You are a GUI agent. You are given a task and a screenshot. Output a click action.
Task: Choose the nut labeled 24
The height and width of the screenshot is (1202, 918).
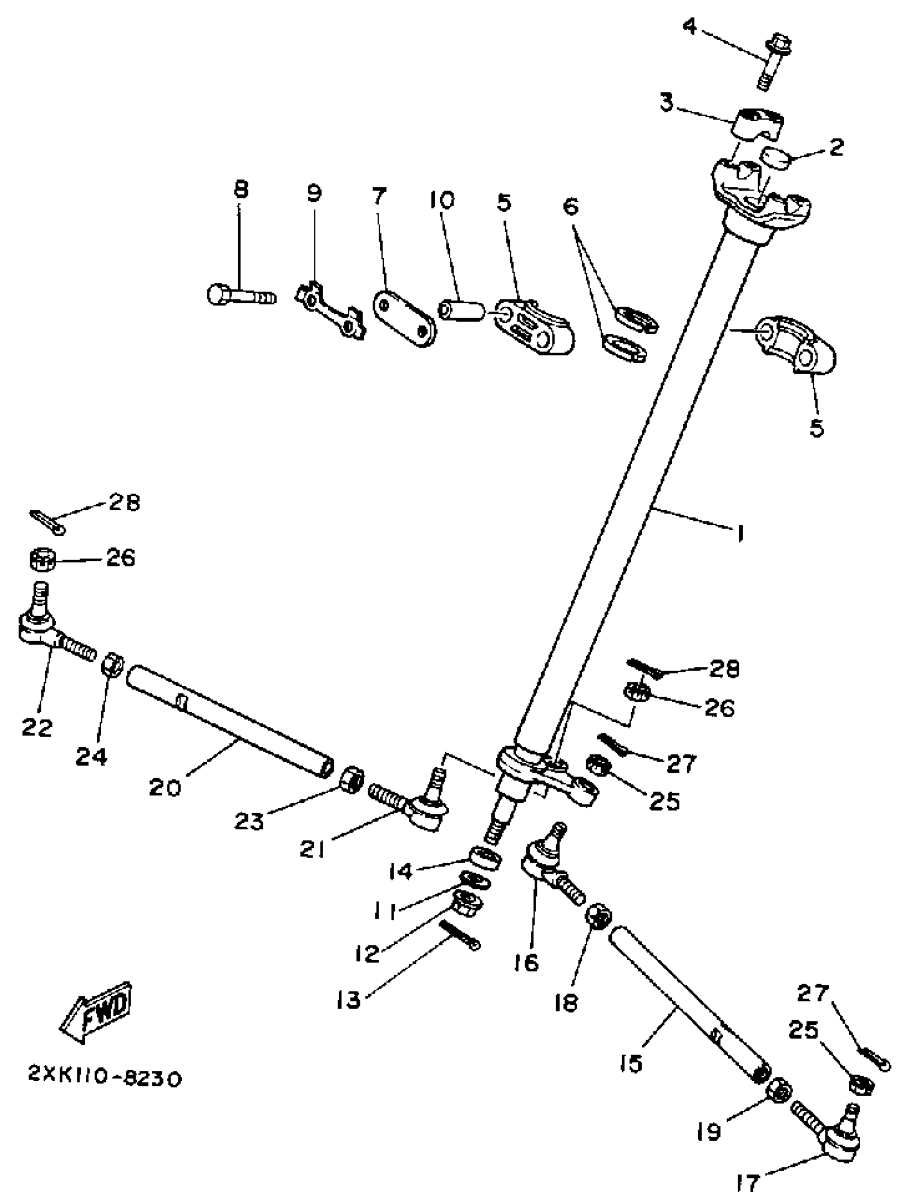113,665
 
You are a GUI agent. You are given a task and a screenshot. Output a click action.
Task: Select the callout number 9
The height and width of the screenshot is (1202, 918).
314,193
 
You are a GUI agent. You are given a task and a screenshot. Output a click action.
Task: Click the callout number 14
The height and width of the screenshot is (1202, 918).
401,871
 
